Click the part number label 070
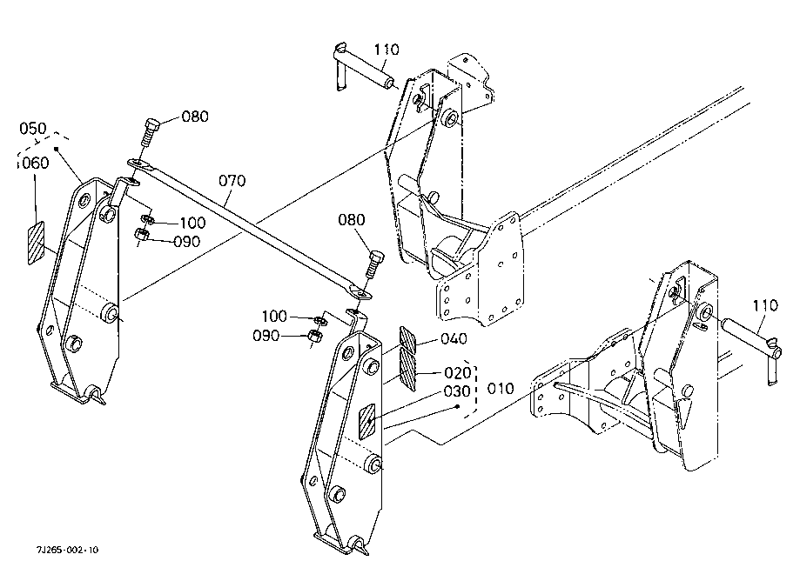coord(232,180)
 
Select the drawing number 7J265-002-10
coord(67,550)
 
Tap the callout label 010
coord(501,389)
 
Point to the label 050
coord(33,128)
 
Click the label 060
coord(36,164)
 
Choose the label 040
coord(454,338)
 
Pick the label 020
coord(458,373)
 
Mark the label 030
coord(457,391)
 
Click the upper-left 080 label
coord(195,117)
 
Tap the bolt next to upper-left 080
coord(150,131)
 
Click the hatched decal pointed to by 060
coord(36,244)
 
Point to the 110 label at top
coord(387,50)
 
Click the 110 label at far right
coord(766,306)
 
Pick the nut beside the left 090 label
coord(141,235)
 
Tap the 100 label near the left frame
coord(192,223)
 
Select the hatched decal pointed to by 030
coord(366,422)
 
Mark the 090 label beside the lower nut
coord(266,336)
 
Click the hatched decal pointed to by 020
coord(407,367)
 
